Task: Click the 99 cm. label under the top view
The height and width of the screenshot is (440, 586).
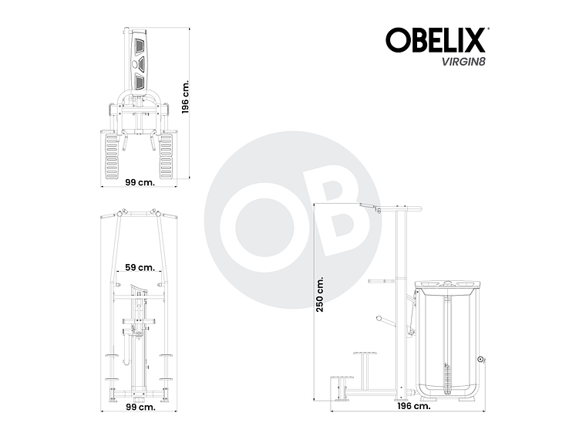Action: click(x=140, y=183)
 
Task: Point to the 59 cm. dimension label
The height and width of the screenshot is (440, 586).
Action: click(x=140, y=267)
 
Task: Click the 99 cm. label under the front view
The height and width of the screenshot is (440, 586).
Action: click(x=140, y=407)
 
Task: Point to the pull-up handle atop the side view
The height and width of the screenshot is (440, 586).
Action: click(x=370, y=205)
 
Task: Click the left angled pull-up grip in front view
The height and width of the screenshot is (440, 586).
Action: click(x=115, y=215)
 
